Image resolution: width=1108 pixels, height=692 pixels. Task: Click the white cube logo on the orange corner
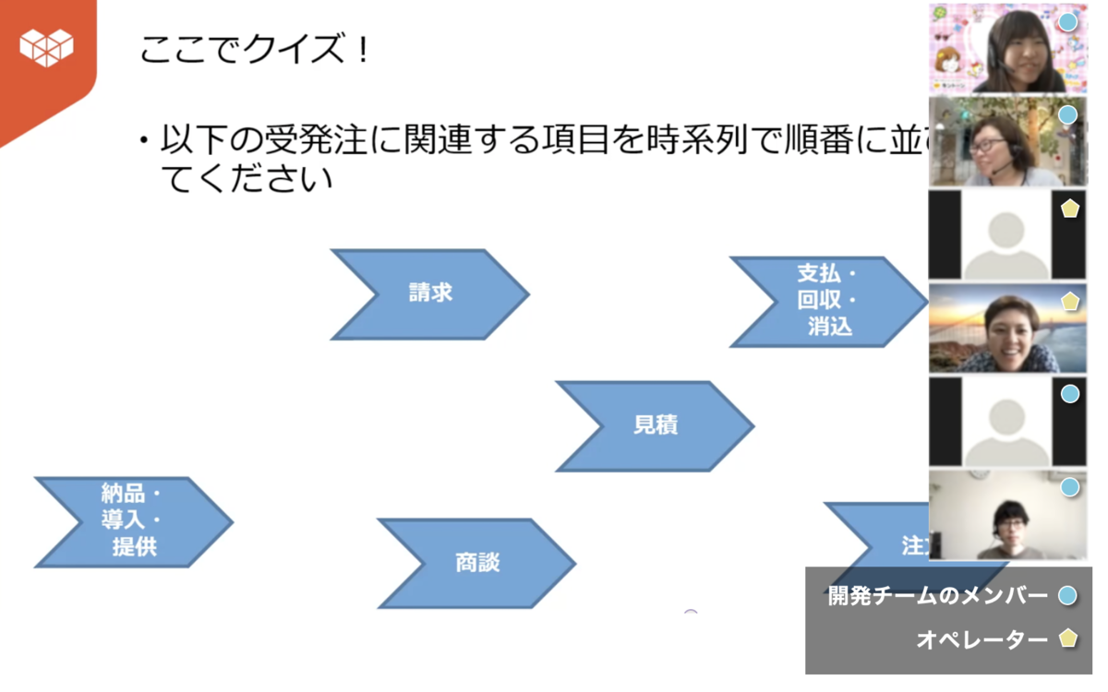click(x=46, y=46)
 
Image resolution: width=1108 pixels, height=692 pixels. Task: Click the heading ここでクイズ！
click(x=254, y=49)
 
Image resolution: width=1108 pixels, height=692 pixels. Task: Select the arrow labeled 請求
click(x=429, y=293)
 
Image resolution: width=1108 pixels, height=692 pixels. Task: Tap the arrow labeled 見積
click(x=655, y=425)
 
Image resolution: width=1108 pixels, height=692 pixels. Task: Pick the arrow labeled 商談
click(x=476, y=563)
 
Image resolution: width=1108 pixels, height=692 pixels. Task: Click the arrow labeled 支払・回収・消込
click(x=827, y=301)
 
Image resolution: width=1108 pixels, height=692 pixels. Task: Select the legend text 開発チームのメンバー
click(x=937, y=596)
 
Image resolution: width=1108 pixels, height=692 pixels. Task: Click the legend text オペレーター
click(x=982, y=638)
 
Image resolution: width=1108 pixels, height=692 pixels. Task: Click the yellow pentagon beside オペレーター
click(x=1068, y=638)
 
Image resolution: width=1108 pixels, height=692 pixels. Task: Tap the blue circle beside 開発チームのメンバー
click(x=1068, y=596)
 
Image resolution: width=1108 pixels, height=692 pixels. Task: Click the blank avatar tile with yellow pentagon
click(x=1006, y=234)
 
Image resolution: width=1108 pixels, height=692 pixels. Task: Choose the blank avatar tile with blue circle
click(x=1006, y=422)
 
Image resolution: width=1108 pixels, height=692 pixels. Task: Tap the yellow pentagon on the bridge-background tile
click(x=1070, y=301)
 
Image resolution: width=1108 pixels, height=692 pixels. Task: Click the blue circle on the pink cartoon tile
click(x=1068, y=21)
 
